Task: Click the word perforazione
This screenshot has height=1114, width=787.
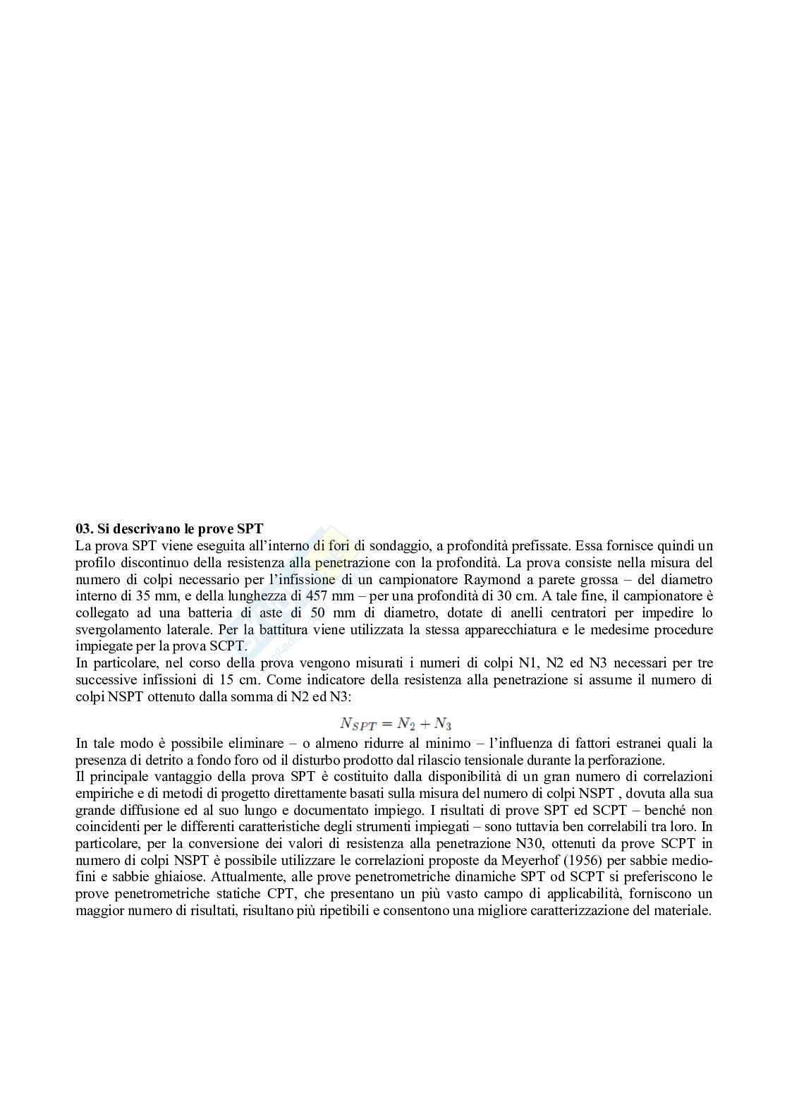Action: click(629, 760)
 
